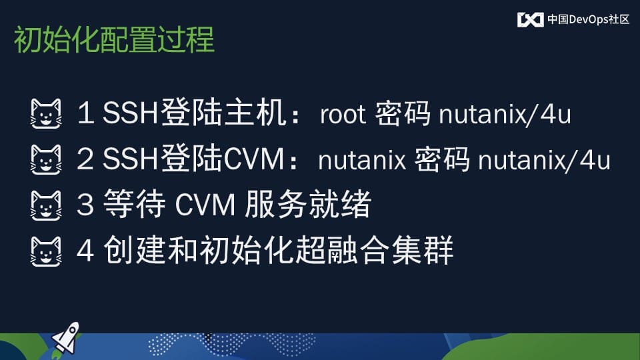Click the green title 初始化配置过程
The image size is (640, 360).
coord(114,39)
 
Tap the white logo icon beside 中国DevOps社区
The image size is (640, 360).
coord(530,19)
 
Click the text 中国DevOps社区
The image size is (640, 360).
coord(589,19)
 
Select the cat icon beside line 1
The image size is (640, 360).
coord(46,113)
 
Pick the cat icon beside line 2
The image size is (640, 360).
coord(46,159)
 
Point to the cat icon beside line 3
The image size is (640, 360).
coord(46,206)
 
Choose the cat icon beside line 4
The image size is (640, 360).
coord(46,252)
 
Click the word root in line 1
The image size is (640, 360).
coord(343,114)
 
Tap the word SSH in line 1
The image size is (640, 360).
coord(130,113)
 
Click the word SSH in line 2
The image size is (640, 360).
coord(130,159)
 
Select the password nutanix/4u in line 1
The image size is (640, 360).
coord(505,114)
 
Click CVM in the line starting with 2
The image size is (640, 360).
coord(253,159)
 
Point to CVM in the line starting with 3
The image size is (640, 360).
coord(205,205)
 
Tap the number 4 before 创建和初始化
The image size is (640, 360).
coord(85,251)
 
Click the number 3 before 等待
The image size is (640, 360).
coord(85,205)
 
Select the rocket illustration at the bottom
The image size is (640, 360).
coord(65,339)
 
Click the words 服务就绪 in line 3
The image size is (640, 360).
coord(308,205)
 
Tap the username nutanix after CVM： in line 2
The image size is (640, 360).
coord(362,161)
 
